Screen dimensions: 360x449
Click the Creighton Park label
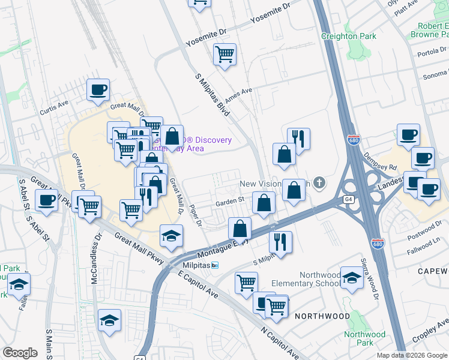tap(349, 36)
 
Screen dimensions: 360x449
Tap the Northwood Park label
tap(364, 338)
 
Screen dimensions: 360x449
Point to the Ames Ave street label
tap(238, 95)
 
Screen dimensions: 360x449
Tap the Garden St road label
tap(230, 201)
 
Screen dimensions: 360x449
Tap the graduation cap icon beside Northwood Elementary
tap(352, 277)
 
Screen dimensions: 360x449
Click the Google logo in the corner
tap(20, 353)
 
